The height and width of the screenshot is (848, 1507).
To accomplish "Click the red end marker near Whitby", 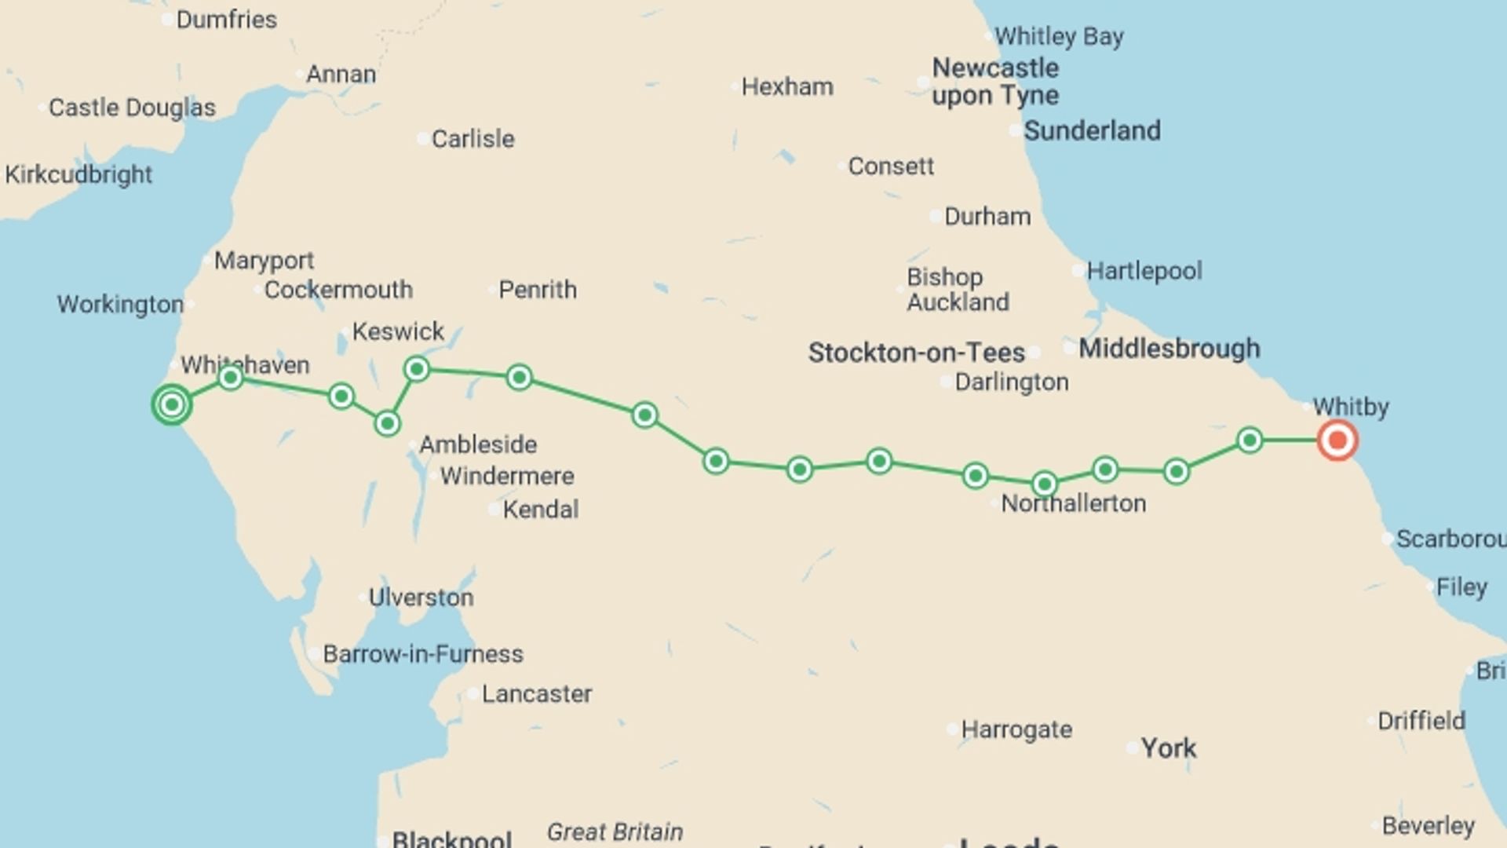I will pos(1337,440).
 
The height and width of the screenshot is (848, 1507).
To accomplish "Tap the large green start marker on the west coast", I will pos(172,404).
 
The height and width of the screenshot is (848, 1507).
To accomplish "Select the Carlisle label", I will pos(473,139).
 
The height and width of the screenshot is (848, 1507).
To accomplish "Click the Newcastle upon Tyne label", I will pos(995,82).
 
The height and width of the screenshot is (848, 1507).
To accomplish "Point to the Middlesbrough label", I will pos(1169,349).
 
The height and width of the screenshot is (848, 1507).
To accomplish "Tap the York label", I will pos(1168,748).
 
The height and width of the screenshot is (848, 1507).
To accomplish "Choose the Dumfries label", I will pos(226,20).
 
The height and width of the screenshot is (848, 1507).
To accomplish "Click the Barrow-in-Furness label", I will pos(422,654).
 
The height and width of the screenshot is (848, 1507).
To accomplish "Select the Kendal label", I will pos(540,510).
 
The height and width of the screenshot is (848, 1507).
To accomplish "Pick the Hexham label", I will pos(786,86).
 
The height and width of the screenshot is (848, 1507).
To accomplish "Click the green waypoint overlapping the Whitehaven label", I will pos(230,378).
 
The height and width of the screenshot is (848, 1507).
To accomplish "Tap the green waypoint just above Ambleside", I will pos(387,424).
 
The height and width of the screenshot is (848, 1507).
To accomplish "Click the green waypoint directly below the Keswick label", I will pos(417,368).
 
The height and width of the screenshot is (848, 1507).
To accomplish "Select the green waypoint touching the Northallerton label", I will pos(1044,484).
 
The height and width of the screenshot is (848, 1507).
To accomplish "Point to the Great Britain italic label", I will pos(615,832).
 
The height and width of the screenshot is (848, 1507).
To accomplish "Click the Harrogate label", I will pos(1016,729).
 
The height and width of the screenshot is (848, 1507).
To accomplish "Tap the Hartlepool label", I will pos(1144,271).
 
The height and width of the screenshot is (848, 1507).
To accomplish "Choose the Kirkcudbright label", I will pos(78,174).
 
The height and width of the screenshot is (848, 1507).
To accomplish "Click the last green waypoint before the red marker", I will pos(1250,440).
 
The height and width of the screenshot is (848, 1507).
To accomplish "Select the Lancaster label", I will pos(536,694).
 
